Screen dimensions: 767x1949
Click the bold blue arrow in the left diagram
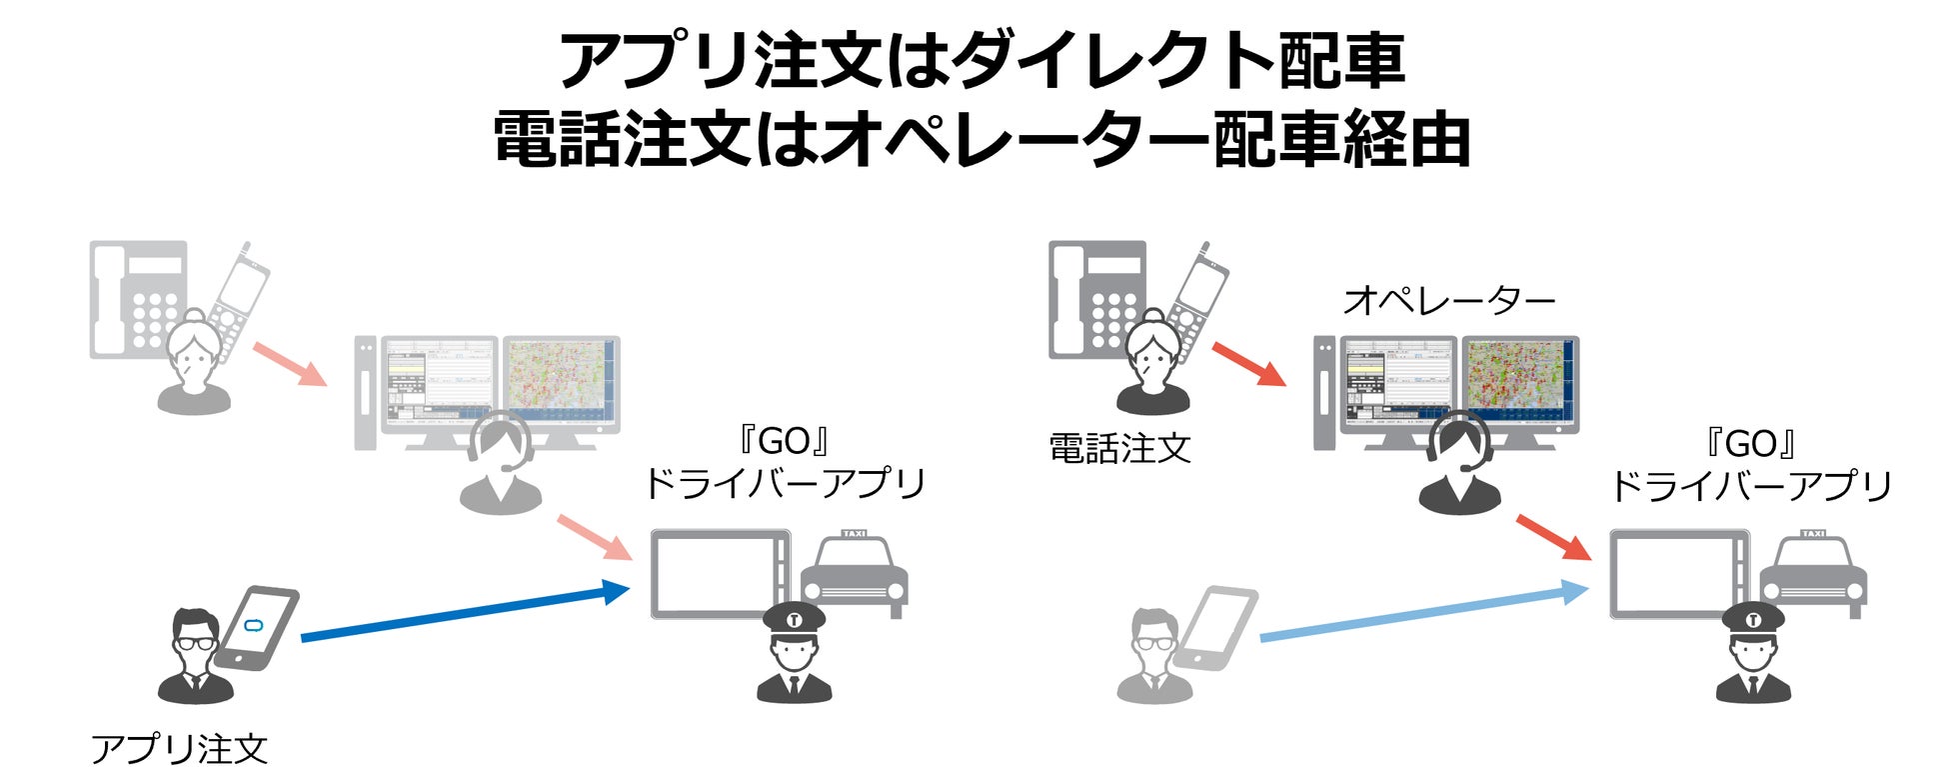point(465,612)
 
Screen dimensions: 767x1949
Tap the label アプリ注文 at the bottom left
point(180,748)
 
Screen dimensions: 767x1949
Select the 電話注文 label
point(1119,449)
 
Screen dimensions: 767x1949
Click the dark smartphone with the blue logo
point(258,628)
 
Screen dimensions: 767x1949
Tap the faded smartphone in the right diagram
point(1216,628)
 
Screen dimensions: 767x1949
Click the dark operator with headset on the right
point(1460,465)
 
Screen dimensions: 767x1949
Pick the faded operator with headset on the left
point(501,465)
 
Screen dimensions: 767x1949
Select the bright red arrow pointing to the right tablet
point(1553,538)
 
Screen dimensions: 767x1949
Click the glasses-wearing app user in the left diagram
point(195,655)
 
